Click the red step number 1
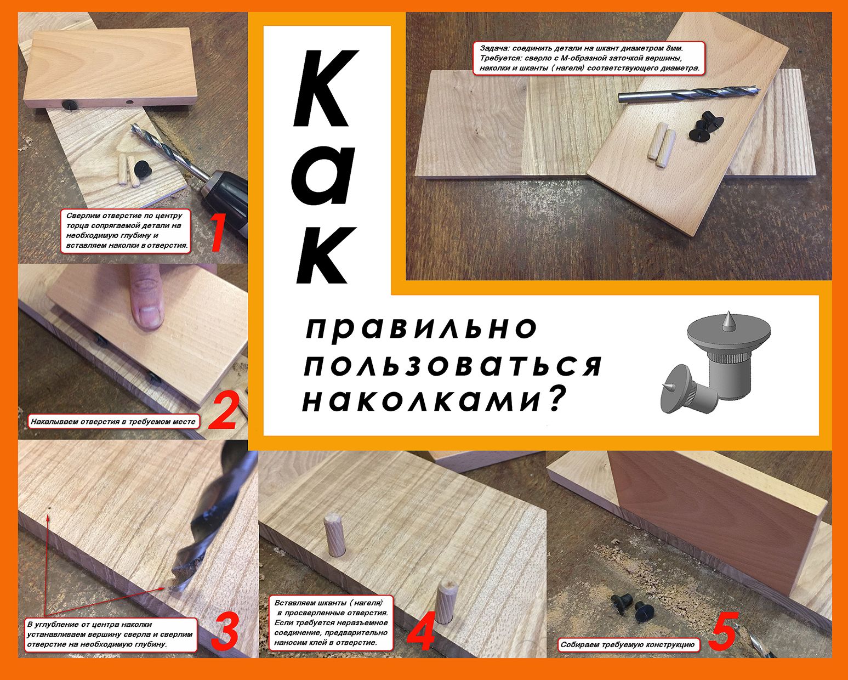click(x=218, y=233)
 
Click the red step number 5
click(x=722, y=631)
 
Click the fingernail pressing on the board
click(x=149, y=316)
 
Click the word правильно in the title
click(x=422, y=328)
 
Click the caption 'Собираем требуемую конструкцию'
click(x=627, y=645)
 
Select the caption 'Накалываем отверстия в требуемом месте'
click(x=113, y=421)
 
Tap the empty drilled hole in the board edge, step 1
click(x=129, y=101)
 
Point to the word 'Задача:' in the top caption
click(x=494, y=48)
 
